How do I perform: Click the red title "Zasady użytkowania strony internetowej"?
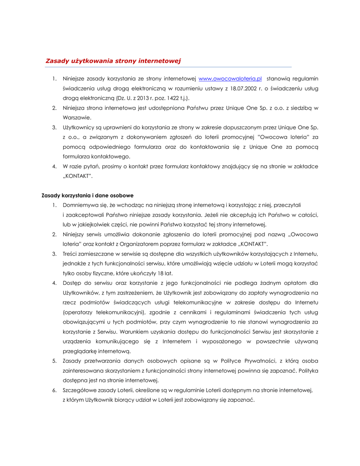coord(113,61)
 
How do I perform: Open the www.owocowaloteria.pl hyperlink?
coord(230,78)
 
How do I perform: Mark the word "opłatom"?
coord(297,283)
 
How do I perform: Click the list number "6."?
coord(54,390)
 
